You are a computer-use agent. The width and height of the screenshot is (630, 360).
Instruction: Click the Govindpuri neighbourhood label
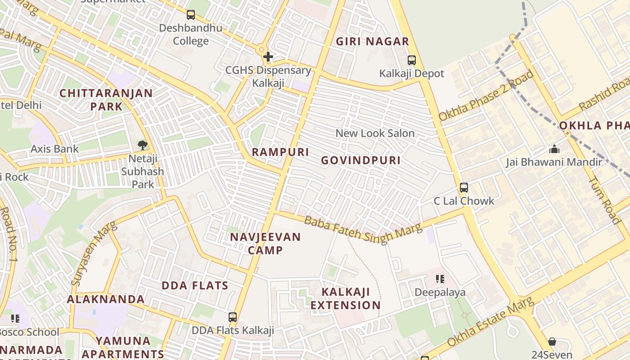(361, 161)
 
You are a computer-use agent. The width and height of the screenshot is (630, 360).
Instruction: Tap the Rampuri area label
(280, 152)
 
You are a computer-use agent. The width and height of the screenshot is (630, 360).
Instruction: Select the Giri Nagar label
(373, 42)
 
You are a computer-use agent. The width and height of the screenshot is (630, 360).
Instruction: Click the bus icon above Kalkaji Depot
(411, 60)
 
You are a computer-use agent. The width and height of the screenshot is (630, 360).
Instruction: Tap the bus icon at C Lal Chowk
(463, 188)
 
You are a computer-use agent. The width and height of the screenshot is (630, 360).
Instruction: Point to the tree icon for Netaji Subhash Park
(143, 145)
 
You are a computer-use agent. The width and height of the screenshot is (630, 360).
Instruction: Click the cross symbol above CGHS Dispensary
(268, 57)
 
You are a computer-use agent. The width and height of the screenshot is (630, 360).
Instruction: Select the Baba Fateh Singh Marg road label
(363, 229)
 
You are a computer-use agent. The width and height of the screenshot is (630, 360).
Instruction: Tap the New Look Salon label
(375, 133)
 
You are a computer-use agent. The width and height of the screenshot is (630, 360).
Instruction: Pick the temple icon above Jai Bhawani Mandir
(554, 149)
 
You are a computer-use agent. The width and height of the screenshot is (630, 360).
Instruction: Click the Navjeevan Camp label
(265, 243)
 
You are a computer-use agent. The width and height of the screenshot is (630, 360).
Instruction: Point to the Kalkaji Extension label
(346, 298)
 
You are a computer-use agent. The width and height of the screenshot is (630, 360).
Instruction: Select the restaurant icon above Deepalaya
(440, 279)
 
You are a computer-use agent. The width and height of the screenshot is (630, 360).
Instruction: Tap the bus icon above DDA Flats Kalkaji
(232, 317)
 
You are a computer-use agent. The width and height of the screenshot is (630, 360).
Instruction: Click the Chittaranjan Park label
(106, 100)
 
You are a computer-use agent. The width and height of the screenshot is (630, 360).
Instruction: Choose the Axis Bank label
(54, 149)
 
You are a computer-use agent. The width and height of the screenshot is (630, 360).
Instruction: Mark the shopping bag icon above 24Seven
(552, 342)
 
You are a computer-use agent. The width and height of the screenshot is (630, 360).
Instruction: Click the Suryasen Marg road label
(93, 254)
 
